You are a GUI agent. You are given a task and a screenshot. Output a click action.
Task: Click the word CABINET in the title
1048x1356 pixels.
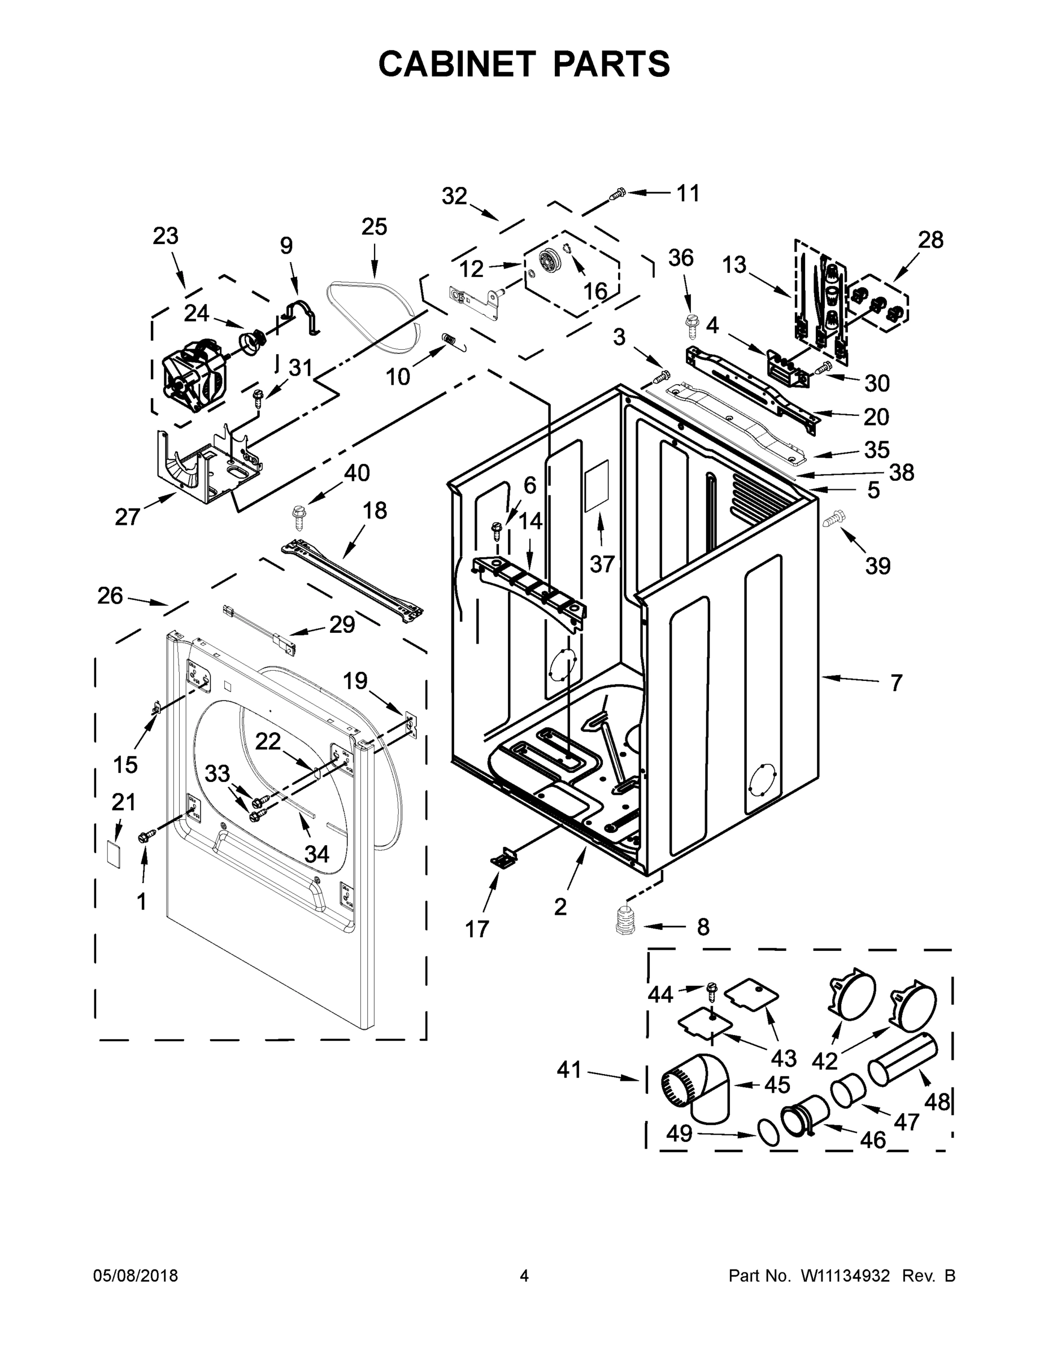pos(457,64)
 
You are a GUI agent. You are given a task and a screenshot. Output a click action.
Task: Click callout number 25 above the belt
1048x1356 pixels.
pos(374,227)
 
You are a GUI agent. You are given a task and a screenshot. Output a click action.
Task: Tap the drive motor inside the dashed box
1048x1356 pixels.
pos(192,379)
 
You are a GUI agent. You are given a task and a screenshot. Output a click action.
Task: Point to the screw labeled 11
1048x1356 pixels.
pos(618,195)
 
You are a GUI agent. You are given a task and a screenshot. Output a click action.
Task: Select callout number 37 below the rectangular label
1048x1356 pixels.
pos(602,564)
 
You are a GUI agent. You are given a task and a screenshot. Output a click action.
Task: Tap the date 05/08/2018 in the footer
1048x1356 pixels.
pos(136,1275)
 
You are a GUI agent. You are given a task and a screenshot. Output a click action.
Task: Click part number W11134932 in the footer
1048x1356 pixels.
pos(845,1275)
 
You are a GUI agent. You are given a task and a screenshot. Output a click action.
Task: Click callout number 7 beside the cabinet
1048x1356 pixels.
pos(895,684)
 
